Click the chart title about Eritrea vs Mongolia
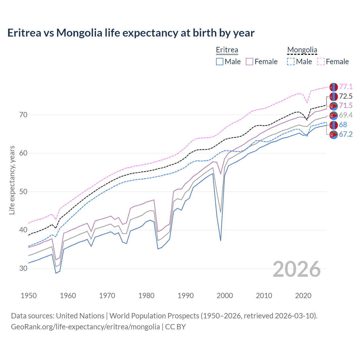[x=131, y=33]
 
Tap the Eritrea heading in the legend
[x=227, y=50]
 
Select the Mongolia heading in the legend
[x=302, y=50]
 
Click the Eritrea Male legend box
[x=220, y=62]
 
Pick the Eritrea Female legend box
[x=249, y=62]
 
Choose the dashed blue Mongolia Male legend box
[x=291, y=62]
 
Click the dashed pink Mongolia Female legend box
[x=321, y=62]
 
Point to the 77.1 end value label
[x=346, y=87]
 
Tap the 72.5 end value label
[x=346, y=96]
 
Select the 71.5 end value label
[x=346, y=106]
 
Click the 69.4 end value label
[x=346, y=115]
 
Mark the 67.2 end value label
[x=346, y=134]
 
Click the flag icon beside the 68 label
[x=334, y=125]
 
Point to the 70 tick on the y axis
[x=23, y=115]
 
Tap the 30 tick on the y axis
[x=23, y=268]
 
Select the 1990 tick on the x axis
[x=186, y=296]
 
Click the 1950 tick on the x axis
[x=29, y=296]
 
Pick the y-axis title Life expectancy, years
[x=12, y=180]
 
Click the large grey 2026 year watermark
[x=296, y=269]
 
